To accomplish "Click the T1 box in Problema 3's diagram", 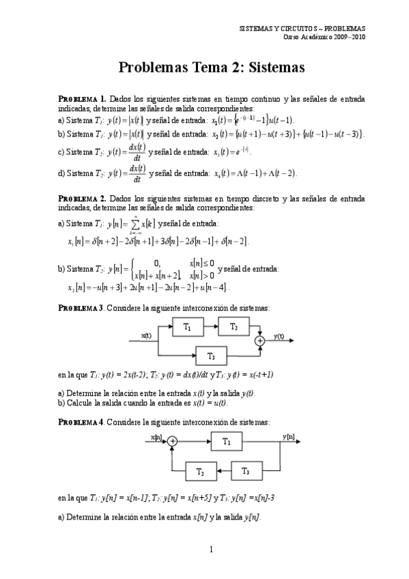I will (188, 328).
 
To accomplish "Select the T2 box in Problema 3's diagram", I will (234, 328).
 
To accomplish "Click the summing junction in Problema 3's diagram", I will (259, 340).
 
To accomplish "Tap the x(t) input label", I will (145, 335).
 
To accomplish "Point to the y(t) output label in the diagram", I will (279, 336).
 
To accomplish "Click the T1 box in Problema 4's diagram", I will (226, 442).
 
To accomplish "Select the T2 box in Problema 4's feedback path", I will (200, 471).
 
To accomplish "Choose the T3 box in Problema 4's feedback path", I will (247, 471).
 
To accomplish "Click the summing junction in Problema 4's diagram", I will (173, 442).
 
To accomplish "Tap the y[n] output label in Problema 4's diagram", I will (288, 436).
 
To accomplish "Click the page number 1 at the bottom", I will (211, 549).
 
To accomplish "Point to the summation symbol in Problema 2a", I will (144, 224).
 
